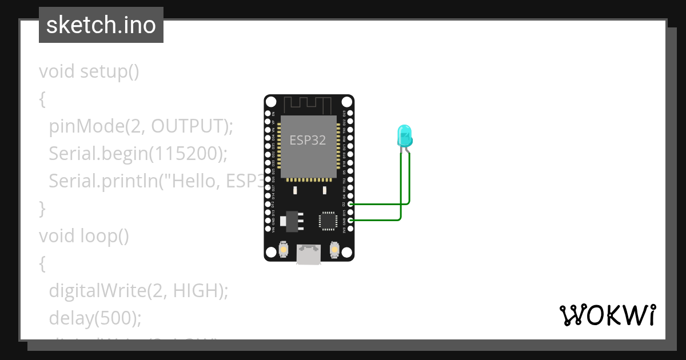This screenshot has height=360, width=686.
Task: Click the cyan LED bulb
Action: click(404, 135)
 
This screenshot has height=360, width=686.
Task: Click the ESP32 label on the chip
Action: click(308, 140)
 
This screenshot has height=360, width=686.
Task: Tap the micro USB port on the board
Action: click(309, 255)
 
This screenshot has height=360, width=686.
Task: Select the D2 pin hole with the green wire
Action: click(350, 204)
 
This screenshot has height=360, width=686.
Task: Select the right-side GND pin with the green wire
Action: click(350, 220)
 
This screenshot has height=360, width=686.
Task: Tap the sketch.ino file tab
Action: click(101, 25)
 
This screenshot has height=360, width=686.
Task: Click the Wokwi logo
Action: click(607, 315)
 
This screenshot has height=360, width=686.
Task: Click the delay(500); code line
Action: click(94, 318)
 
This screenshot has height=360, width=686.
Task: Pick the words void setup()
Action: click(89, 71)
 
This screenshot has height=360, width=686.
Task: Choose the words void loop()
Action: click(84, 236)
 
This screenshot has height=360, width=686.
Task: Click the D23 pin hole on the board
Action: click(350, 114)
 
